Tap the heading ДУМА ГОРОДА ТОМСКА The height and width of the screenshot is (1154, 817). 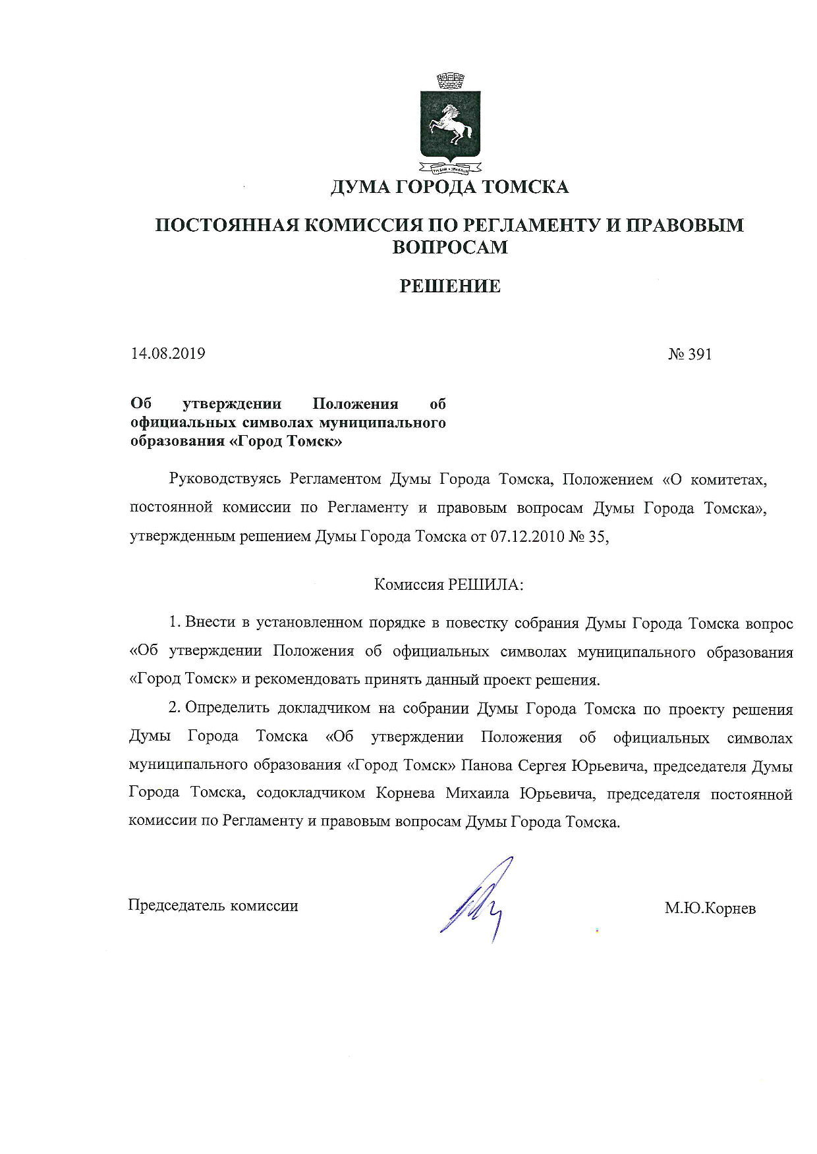click(x=449, y=188)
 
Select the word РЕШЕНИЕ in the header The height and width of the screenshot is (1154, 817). click(x=451, y=286)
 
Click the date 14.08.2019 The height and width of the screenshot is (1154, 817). click(x=168, y=354)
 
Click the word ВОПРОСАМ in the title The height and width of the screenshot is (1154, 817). click(x=450, y=248)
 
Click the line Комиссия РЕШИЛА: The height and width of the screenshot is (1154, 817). click(x=449, y=585)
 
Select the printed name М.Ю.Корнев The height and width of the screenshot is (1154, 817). click(x=710, y=909)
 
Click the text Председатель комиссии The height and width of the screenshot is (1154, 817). click(x=213, y=906)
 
